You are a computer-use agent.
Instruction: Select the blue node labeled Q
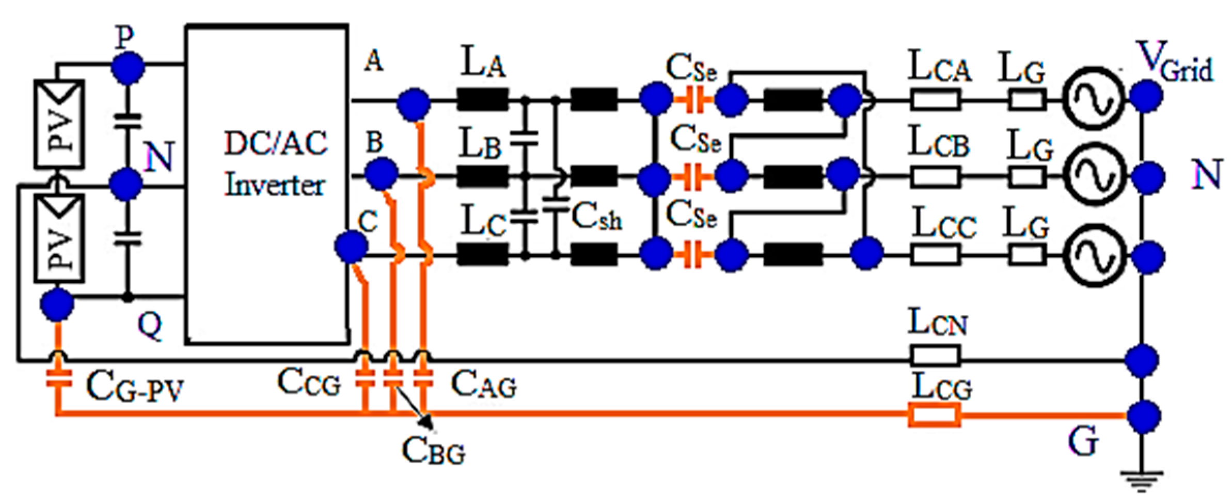tap(57, 305)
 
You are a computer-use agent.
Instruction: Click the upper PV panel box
tap(59, 124)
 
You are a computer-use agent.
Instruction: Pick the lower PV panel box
tap(59, 239)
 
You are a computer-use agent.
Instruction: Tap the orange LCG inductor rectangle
tap(934, 416)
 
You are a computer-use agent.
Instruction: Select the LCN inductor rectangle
tap(934, 356)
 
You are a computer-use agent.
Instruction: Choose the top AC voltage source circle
tap(1093, 98)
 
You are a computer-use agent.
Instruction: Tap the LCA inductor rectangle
tap(935, 100)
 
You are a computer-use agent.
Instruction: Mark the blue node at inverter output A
tap(414, 104)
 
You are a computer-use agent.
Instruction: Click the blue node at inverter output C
tap(351, 247)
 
